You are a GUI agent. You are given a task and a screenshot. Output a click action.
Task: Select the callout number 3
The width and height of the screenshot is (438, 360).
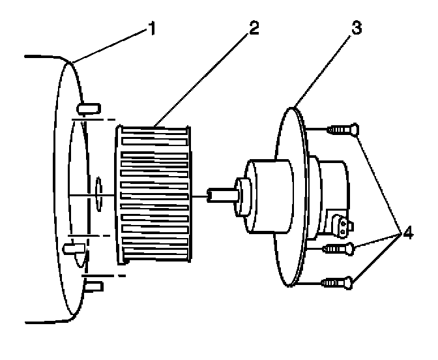pos(356,30)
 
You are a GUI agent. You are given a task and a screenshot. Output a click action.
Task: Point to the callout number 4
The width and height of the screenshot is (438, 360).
pos(408,231)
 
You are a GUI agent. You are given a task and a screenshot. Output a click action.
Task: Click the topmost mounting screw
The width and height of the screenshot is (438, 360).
pos(342,131)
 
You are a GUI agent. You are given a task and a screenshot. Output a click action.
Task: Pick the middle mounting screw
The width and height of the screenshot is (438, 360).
pos(338,248)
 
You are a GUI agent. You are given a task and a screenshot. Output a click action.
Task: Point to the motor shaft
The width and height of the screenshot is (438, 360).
pos(222,194)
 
